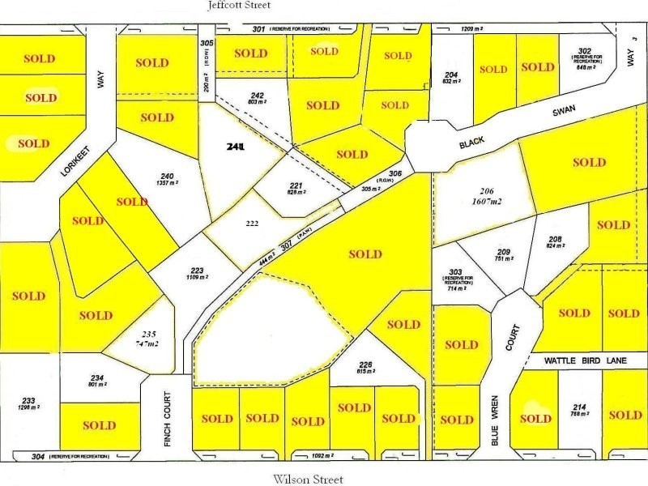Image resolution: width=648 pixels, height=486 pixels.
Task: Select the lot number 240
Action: coord(168,176)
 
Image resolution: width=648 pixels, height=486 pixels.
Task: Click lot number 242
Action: coord(236,95)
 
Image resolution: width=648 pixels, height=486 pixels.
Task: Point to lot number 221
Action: coord(296,185)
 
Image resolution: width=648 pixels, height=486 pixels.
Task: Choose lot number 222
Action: coord(252,223)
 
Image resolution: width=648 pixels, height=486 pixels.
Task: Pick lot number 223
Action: coord(198,270)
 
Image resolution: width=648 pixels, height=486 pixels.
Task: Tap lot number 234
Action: coord(97,377)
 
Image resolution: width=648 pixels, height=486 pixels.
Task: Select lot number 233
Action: coord(28,400)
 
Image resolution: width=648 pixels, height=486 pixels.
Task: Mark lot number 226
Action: coord(367,364)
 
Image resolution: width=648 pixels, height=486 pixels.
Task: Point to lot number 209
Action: coord(503,251)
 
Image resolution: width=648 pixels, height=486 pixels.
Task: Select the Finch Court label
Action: coord(166,414)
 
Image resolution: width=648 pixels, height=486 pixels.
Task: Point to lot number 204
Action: coord(451,75)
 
